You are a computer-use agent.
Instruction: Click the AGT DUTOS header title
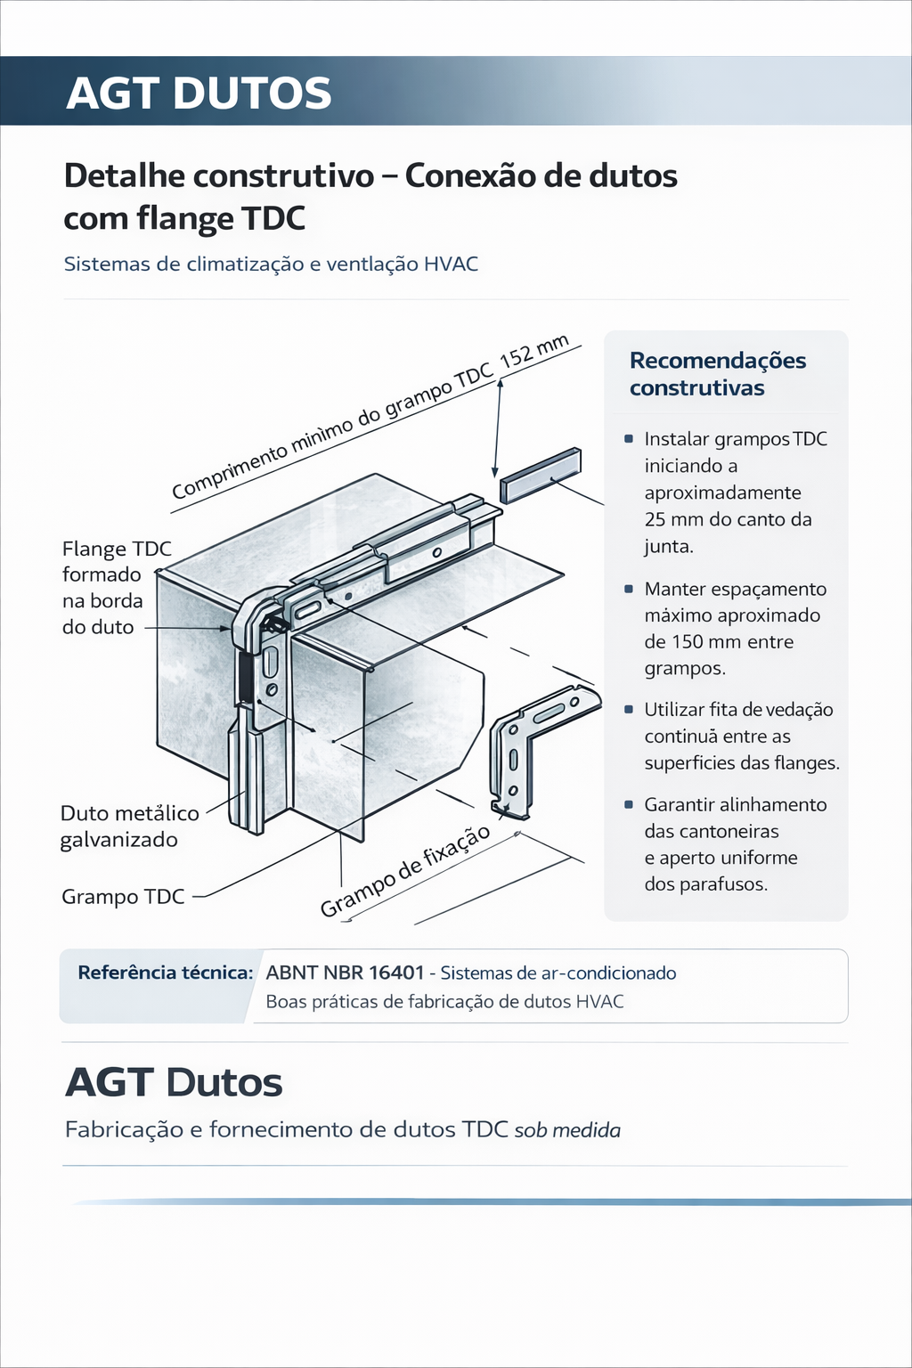click(199, 94)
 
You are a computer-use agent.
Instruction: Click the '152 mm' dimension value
click(533, 352)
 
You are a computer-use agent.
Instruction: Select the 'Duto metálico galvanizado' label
click(129, 826)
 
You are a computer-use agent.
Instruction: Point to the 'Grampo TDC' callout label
click(123, 896)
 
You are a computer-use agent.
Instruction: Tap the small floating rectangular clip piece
click(540, 476)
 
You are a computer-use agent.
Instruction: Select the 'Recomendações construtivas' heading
click(717, 374)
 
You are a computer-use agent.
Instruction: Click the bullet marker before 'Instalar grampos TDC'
click(629, 438)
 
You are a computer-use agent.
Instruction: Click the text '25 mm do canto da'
click(728, 519)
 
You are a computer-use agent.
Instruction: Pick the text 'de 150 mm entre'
click(719, 641)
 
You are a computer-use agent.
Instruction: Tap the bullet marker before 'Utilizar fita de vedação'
click(629, 709)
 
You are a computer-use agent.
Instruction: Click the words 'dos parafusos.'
click(705, 884)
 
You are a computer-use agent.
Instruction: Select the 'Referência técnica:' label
click(166, 973)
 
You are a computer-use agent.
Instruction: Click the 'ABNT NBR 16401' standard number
click(345, 973)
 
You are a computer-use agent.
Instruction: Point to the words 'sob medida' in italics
click(567, 1130)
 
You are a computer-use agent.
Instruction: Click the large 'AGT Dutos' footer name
click(174, 1082)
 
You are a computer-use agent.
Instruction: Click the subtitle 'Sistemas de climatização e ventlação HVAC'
click(271, 264)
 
